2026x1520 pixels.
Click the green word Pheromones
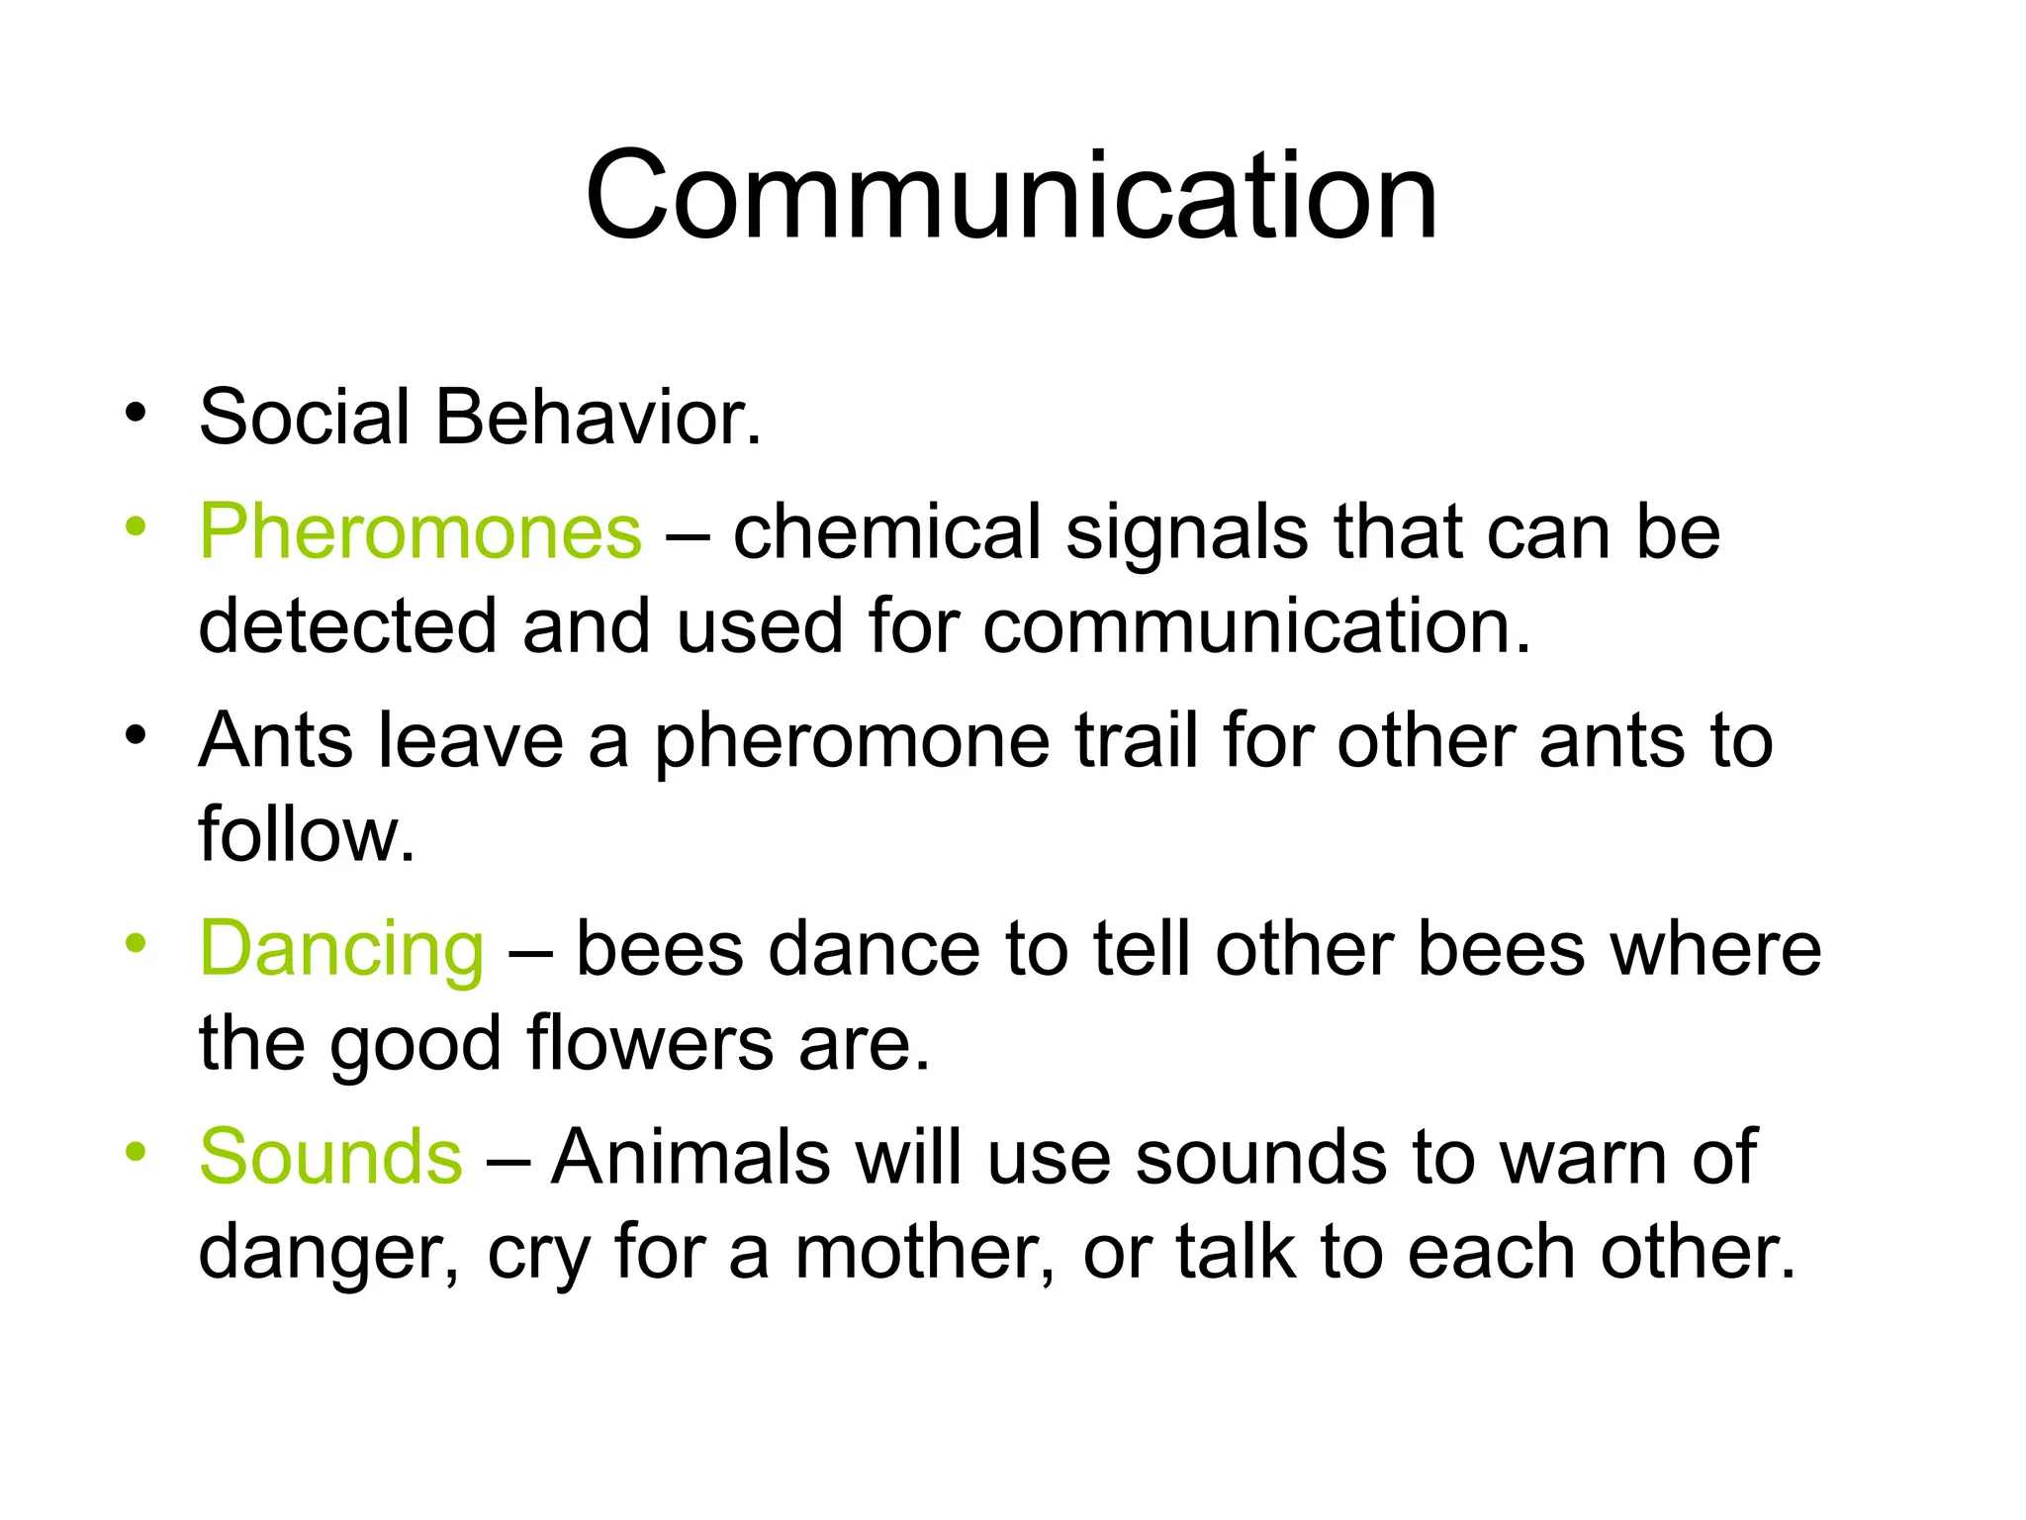(x=420, y=532)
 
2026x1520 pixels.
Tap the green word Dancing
(x=342, y=949)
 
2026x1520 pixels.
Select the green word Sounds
(x=330, y=1157)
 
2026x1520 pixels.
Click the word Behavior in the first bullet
(x=599, y=417)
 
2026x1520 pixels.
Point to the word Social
(x=304, y=417)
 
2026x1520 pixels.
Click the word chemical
(x=887, y=532)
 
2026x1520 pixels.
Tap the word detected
(x=347, y=626)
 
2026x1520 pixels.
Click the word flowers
(x=649, y=1043)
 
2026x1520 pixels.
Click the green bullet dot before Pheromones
(x=137, y=525)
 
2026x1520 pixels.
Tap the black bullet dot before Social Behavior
(x=137, y=411)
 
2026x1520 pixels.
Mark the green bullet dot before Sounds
(x=137, y=1151)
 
